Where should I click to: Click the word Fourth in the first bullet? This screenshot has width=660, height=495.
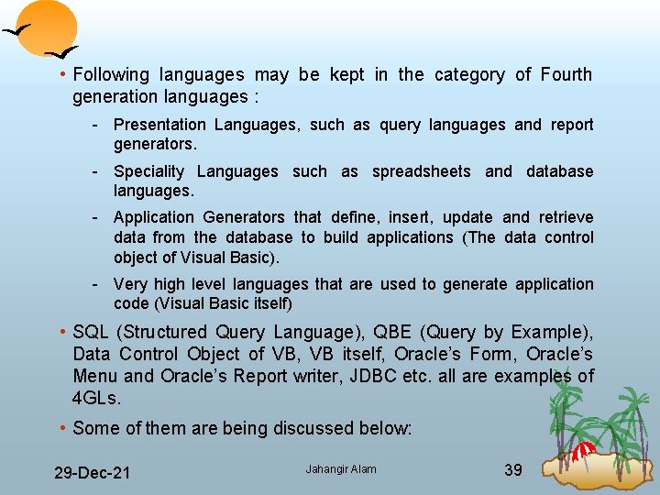[566, 74]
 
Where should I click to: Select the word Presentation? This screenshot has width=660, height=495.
[159, 125]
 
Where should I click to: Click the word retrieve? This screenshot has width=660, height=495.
[566, 217]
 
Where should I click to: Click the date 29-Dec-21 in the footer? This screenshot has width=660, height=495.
[92, 473]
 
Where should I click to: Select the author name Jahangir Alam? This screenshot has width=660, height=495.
[341, 469]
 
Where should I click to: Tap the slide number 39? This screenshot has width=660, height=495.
[513, 470]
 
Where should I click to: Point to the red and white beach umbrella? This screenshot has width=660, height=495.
[583, 450]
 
